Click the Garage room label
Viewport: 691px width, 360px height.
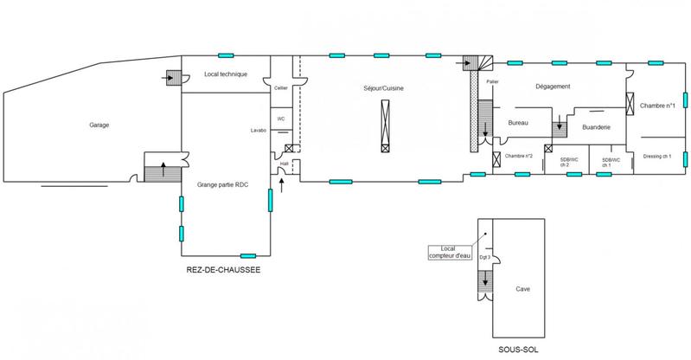[99, 125]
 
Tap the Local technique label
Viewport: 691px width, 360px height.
[226, 75]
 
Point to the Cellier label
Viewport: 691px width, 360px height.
[280, 87]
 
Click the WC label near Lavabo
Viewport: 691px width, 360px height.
[280, 119]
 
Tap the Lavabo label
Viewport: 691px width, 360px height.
[259, 131]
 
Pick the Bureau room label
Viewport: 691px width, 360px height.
[518, 124]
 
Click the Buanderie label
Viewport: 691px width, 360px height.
[598, 127]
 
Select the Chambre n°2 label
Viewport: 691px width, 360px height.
[520, 156]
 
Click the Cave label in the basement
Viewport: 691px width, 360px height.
[522, 290]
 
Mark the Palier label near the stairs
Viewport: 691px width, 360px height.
[493, 81]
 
